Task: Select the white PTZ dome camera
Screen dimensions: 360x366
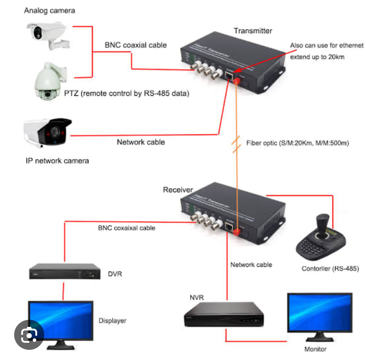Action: pos(50,79)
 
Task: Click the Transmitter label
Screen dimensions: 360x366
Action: pos(253,31)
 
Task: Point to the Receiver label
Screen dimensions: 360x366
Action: pos(178,190)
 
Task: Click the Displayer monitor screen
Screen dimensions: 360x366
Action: pos(61,319)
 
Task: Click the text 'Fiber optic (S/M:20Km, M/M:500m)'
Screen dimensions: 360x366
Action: pos(297,143)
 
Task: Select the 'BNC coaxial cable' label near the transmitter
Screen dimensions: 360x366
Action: pos(136,45)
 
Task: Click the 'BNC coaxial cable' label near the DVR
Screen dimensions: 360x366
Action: pos(126,228)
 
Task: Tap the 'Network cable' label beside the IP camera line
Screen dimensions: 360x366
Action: pos(141,142)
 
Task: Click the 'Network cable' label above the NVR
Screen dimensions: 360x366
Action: pos(251,265)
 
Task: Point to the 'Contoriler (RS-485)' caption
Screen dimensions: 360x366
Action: pos(330,268)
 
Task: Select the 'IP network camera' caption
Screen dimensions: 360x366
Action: pos(57,161)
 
